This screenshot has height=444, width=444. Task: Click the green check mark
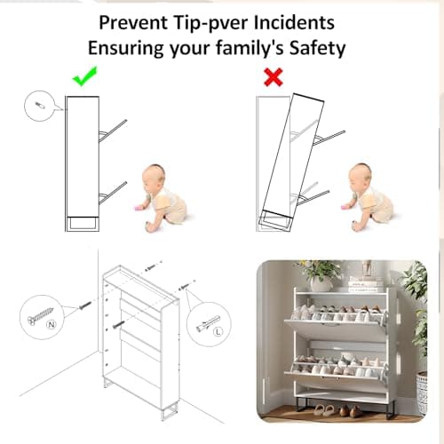point(84,77)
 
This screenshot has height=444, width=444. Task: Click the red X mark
point(274,77)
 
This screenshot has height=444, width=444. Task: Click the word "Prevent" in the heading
point(133,22)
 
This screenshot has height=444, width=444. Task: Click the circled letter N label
point(52,325)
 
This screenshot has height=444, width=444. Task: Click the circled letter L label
point(218,331)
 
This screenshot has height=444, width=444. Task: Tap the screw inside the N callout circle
point(40,315)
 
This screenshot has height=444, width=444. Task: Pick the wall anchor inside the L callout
point(208,323)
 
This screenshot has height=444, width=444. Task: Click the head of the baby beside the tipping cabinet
point(360,176)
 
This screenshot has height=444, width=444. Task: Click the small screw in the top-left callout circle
point(39,105)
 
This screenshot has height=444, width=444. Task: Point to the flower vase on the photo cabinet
point(321,282)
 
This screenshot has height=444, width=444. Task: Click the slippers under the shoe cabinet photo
point(325,410)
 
